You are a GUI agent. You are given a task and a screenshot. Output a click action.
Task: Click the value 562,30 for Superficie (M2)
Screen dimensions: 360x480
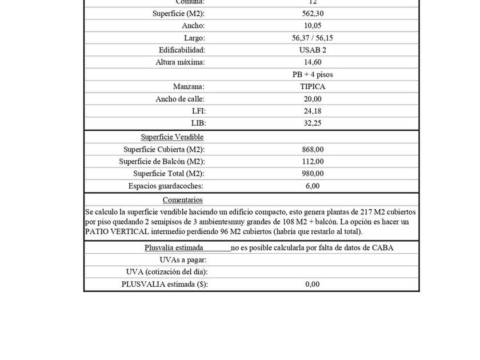tap(313, 13)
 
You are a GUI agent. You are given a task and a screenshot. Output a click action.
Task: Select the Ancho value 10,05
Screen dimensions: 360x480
tap(313, 26)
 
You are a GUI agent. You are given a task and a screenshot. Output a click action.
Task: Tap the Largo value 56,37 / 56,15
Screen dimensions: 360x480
tap(313, 38)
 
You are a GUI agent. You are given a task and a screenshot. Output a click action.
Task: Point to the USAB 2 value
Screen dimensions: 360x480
tap(313, 50)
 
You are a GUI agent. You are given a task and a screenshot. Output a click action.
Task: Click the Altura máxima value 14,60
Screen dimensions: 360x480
tap(313, 62)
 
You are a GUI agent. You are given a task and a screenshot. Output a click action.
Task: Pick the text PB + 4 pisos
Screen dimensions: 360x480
tap(313, 74)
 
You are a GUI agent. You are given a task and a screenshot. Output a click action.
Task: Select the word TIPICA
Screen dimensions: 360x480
tap(313, 86)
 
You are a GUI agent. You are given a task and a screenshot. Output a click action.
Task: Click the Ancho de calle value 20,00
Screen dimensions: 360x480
tap(313, 99)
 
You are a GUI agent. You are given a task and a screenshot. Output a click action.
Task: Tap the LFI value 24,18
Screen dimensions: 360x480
tap(313, 111)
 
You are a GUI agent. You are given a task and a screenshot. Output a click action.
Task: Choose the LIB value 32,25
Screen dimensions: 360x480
tap(313, 123)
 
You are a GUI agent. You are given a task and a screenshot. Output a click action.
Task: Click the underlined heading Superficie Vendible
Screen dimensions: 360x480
tap(172, 137)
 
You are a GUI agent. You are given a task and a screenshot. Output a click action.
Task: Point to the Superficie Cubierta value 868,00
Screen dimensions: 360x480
tap(313, 149)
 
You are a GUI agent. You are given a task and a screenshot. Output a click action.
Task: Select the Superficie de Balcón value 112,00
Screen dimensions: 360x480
tap(313, 161)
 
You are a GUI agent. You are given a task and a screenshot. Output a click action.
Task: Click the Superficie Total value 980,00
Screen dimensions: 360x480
tap(313, 173)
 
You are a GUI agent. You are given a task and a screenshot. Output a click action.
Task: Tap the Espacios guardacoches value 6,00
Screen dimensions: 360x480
tap(313, 186)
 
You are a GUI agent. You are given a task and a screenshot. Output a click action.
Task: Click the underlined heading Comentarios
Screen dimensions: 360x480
tap(182, 200)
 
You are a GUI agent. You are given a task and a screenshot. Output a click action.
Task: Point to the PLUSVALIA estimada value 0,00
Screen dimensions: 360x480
tap(313, 284)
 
